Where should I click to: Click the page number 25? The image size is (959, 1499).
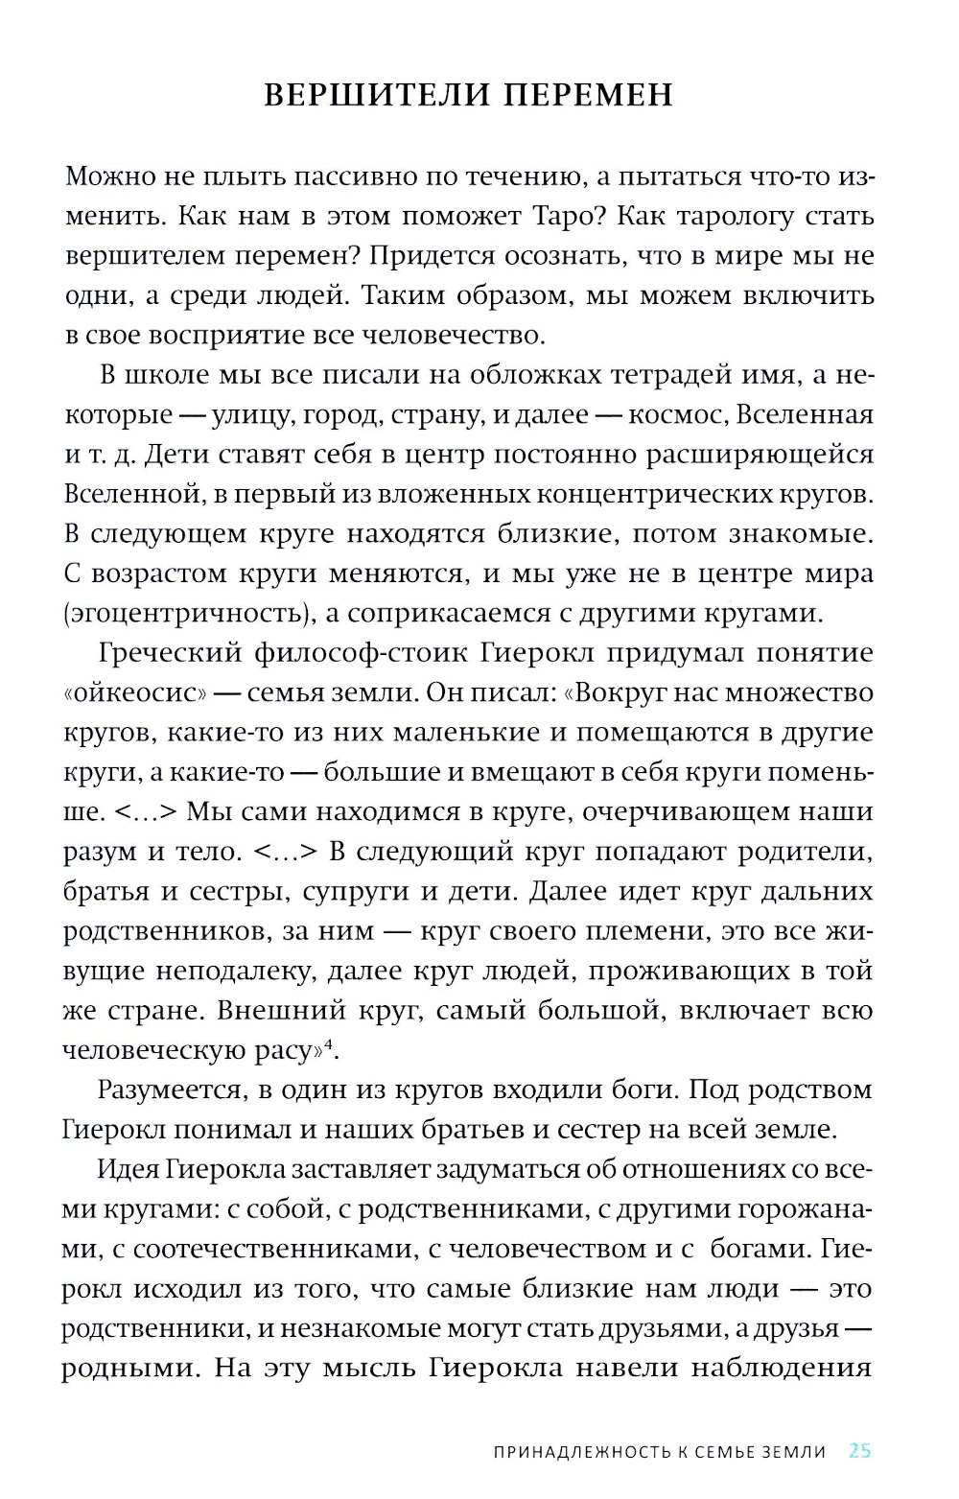point(860,1451)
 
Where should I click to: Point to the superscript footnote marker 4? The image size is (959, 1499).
point(328,1044)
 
